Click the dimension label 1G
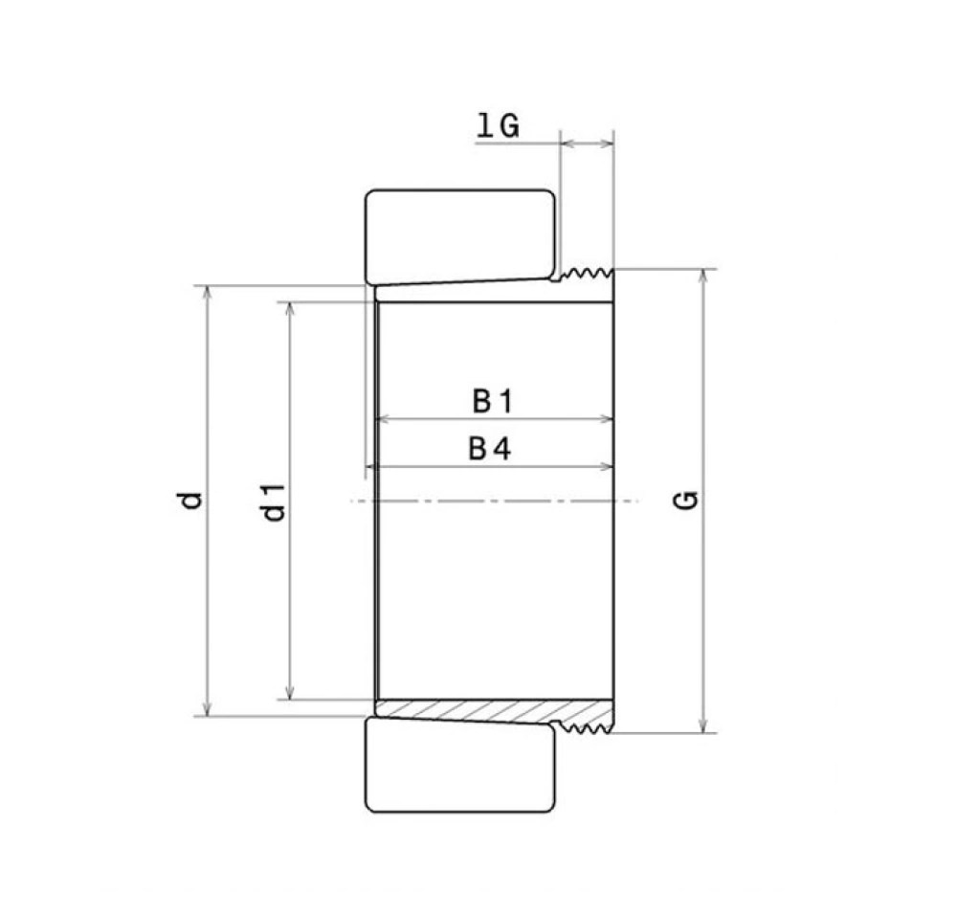point(498,125)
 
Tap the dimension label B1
point(493,401)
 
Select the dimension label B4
point(489,449)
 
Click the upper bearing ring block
point(461,236)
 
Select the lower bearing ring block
point(461,766)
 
